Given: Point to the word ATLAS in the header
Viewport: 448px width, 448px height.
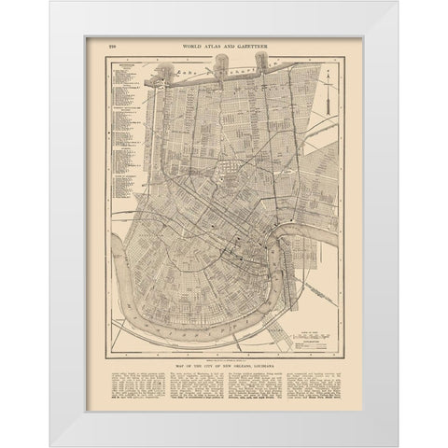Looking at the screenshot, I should tap(221, 45).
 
